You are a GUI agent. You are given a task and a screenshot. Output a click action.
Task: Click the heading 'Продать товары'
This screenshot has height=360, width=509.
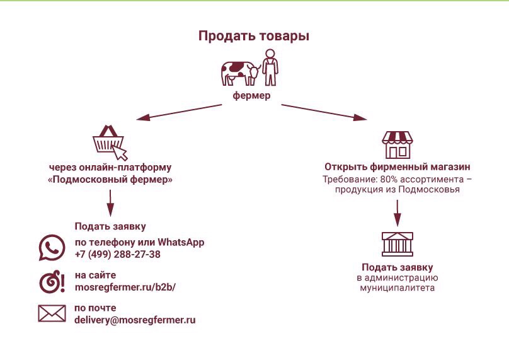(x=253, y=37)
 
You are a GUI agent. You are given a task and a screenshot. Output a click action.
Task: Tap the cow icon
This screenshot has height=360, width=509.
(x=241, y=73)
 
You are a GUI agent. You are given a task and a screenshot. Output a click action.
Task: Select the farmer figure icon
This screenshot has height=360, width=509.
(x=270, y=67)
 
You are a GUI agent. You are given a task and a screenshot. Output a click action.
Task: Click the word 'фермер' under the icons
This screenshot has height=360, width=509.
(x=251, y=96)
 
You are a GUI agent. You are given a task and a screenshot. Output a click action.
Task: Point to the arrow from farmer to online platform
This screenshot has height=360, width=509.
(x=179, y=112)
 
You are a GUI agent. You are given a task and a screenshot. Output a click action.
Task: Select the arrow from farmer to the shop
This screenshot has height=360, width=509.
(x=324, y=112)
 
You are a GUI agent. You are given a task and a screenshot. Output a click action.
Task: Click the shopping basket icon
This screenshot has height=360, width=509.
(x=110, y=143)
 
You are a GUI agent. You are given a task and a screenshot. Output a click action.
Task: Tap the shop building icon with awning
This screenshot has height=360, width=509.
(x=397, y=145)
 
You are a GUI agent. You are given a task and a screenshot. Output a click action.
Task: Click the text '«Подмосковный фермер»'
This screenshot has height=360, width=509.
(x=110, y=180)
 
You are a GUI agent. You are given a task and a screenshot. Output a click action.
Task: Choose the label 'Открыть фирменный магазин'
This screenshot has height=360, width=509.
(x=397, y=167)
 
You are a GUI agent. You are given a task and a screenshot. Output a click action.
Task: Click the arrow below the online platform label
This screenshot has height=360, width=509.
(x=110, y=203)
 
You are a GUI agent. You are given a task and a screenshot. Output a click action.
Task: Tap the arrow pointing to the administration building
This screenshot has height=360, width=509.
(x=397, y=213)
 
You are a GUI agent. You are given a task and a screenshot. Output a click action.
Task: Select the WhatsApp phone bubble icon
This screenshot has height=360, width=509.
(x=52, y=248)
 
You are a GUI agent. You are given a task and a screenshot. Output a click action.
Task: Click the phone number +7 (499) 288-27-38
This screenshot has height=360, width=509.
(x=118, y=255)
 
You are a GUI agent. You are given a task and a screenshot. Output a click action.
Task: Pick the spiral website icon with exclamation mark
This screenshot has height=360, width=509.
(x=52, y=281)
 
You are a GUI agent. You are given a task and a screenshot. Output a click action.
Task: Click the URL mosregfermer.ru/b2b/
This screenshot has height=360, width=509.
(x=125, y=287)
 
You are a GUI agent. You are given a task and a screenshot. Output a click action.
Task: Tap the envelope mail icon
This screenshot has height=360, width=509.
(x=52, y=313)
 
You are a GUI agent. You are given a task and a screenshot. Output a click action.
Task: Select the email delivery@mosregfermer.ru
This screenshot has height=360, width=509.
(x=135, y=320)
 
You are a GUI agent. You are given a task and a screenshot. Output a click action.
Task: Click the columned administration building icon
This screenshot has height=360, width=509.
(x=397, y=245)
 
